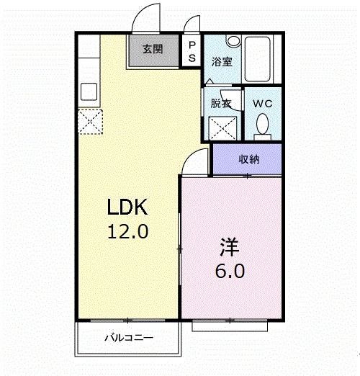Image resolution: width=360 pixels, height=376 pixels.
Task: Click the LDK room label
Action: (x=127, y=209)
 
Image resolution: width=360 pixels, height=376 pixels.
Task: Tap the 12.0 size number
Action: (x=127, y=233)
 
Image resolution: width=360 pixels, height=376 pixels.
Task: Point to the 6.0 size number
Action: (x=230, y=272)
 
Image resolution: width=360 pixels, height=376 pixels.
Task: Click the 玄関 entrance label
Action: (x=151, y=50)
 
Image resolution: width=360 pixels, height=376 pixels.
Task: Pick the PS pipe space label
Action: (x=192, y=50)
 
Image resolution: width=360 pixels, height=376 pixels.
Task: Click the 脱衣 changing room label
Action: (x=220, y=103)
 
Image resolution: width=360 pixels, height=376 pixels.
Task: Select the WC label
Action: (x=264, y=103)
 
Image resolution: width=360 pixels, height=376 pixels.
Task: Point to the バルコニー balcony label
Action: (x=127, y=336)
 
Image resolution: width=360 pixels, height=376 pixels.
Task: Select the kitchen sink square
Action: (x=90, y=92)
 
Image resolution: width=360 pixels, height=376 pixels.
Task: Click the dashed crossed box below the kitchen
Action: (x=91, y=121)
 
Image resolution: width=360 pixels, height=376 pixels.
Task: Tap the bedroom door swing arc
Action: (x=193, y=162)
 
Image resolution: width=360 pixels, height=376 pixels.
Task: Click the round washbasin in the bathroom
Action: (x=233, y=42)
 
